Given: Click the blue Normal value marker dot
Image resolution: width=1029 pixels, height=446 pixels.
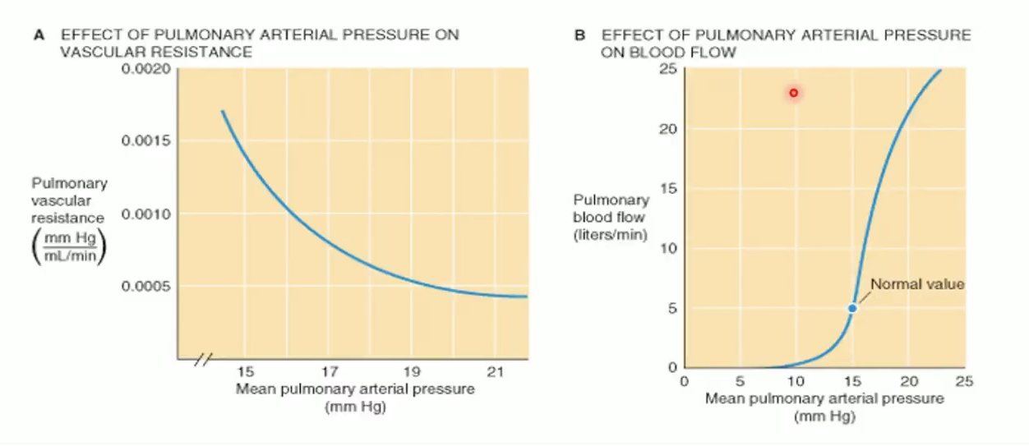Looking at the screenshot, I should tap(852, 308).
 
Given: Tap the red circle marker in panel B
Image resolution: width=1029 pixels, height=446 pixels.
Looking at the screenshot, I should tap(794, 93).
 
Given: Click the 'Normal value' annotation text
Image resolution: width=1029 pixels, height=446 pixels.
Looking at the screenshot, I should tap(916, 284).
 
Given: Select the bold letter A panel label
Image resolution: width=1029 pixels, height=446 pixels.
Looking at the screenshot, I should tap(38, 35).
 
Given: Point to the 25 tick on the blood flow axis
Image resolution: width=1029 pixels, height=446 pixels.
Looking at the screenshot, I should tap(667, 69).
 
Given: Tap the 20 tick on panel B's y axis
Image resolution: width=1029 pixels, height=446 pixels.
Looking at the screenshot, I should tap(667, 129).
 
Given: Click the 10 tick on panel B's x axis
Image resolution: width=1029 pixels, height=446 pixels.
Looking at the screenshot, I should tap(796, 381).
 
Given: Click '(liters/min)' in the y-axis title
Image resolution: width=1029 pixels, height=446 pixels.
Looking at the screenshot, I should tap(611, 236).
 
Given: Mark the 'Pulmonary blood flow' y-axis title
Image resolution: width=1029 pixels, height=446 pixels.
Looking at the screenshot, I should tap(611, 209).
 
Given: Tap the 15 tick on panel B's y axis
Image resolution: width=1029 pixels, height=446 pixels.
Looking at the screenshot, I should tap(667, 189).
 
